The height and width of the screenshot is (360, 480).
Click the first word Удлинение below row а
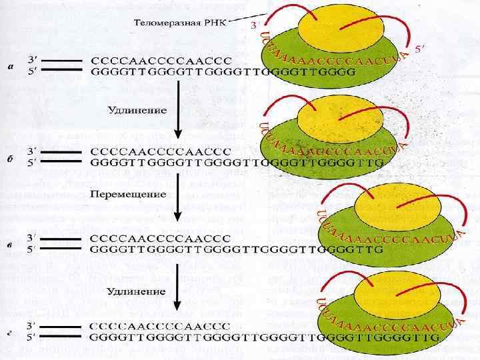(x=137, y=108)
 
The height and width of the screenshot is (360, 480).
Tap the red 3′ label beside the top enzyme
(x=255, y=25)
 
